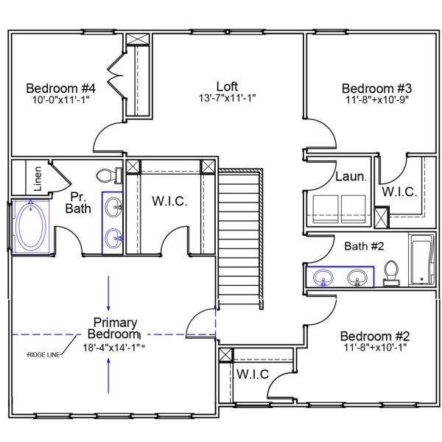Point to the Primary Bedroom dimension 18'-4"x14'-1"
click(115, 348)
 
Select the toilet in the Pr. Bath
click(108, 175)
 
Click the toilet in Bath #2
click(391, 271)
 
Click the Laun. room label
click(348, 177)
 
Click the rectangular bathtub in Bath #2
click(422, 259)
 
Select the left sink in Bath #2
click(323, 278)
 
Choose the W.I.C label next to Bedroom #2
click(252, 373)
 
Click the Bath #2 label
click(364, 245)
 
